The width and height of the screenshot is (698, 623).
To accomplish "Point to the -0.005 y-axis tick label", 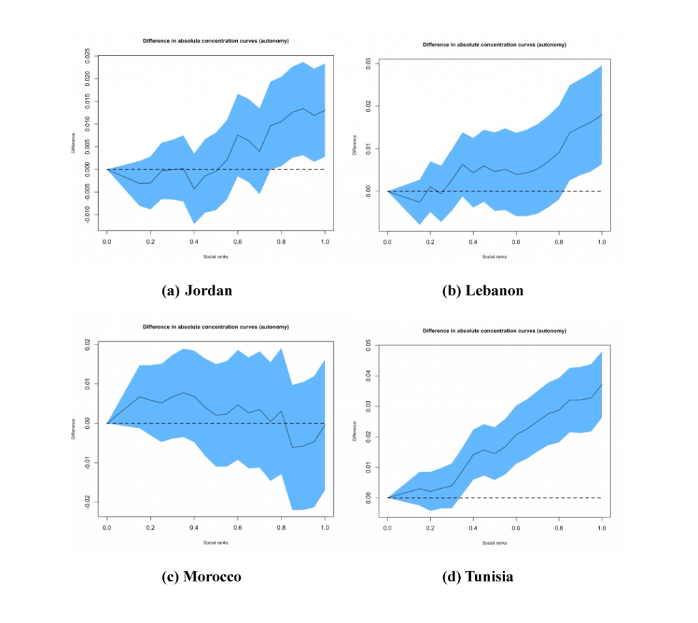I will coord(87,192).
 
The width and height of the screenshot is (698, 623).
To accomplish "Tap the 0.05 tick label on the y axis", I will coord(367,346).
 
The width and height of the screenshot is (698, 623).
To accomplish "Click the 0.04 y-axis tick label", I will coord(367,376).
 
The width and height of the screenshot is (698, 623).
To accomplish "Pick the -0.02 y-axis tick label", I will coord(87,502).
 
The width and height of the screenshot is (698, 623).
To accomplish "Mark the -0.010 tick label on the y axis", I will coord(87,215).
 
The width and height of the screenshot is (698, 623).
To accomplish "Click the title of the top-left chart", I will coord(215,41).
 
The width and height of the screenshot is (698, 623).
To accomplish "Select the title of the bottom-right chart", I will coord(494,330).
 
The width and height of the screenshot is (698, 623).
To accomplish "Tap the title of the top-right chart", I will coord(494,44).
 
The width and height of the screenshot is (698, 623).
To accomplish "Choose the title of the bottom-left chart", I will coord(215,327).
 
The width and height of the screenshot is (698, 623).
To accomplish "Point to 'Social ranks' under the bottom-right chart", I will coord(494,543).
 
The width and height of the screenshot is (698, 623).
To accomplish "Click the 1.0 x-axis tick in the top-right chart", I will coord(601,244).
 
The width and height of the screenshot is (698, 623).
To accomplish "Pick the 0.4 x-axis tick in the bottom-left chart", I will coord(194,527).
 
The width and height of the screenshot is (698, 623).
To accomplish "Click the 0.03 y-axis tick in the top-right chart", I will coord(367,63).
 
